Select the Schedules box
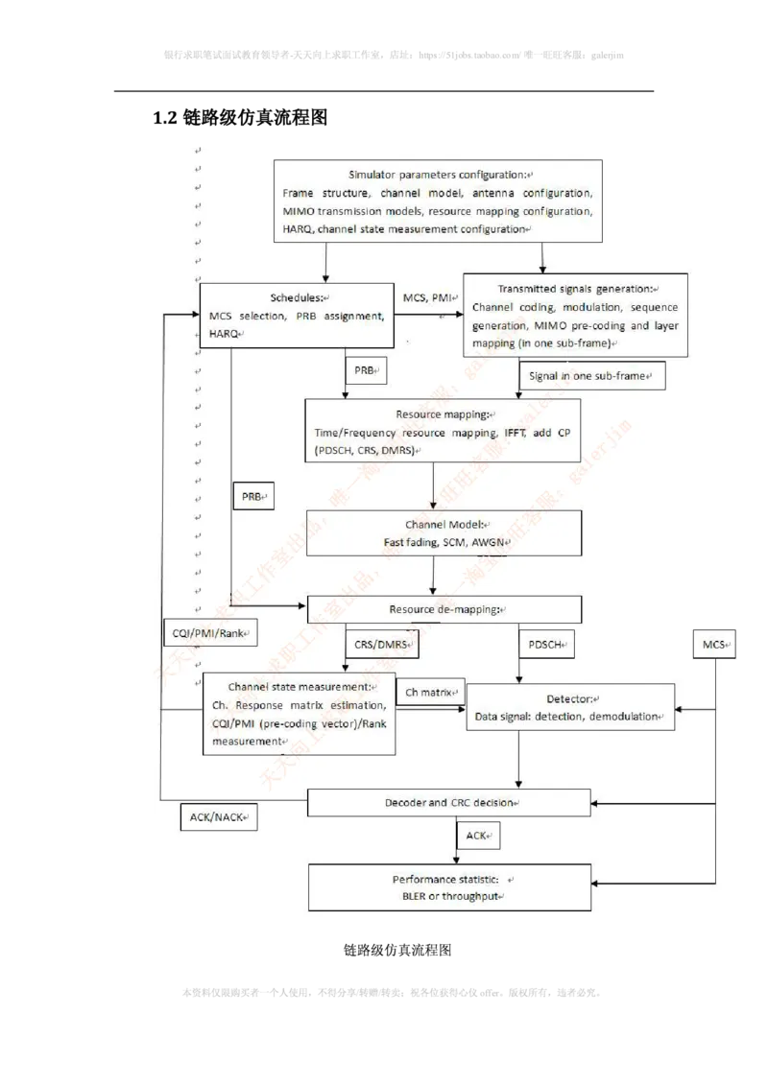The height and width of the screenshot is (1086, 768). point(298,316)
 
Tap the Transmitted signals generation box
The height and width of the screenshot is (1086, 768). point(576,315)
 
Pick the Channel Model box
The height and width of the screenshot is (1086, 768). point(444,533)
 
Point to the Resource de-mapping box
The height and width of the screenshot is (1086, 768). point(444,609)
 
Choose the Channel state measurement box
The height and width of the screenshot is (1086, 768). point(299,713)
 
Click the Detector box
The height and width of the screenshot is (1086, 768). point(569,707)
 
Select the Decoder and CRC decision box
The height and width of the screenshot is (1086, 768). point(448,802)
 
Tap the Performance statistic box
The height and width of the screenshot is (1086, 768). point(448,887)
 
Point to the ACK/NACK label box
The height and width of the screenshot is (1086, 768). point(218,816)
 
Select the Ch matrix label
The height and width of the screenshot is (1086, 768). point(431,692)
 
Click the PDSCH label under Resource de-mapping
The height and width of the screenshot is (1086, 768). point(546,645)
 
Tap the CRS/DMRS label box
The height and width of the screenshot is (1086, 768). point(383,645)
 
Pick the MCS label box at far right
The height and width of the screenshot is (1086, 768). point(713,645)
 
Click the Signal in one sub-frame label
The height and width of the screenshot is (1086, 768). point(590,376)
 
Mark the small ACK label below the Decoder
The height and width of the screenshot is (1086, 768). point(478,836)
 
